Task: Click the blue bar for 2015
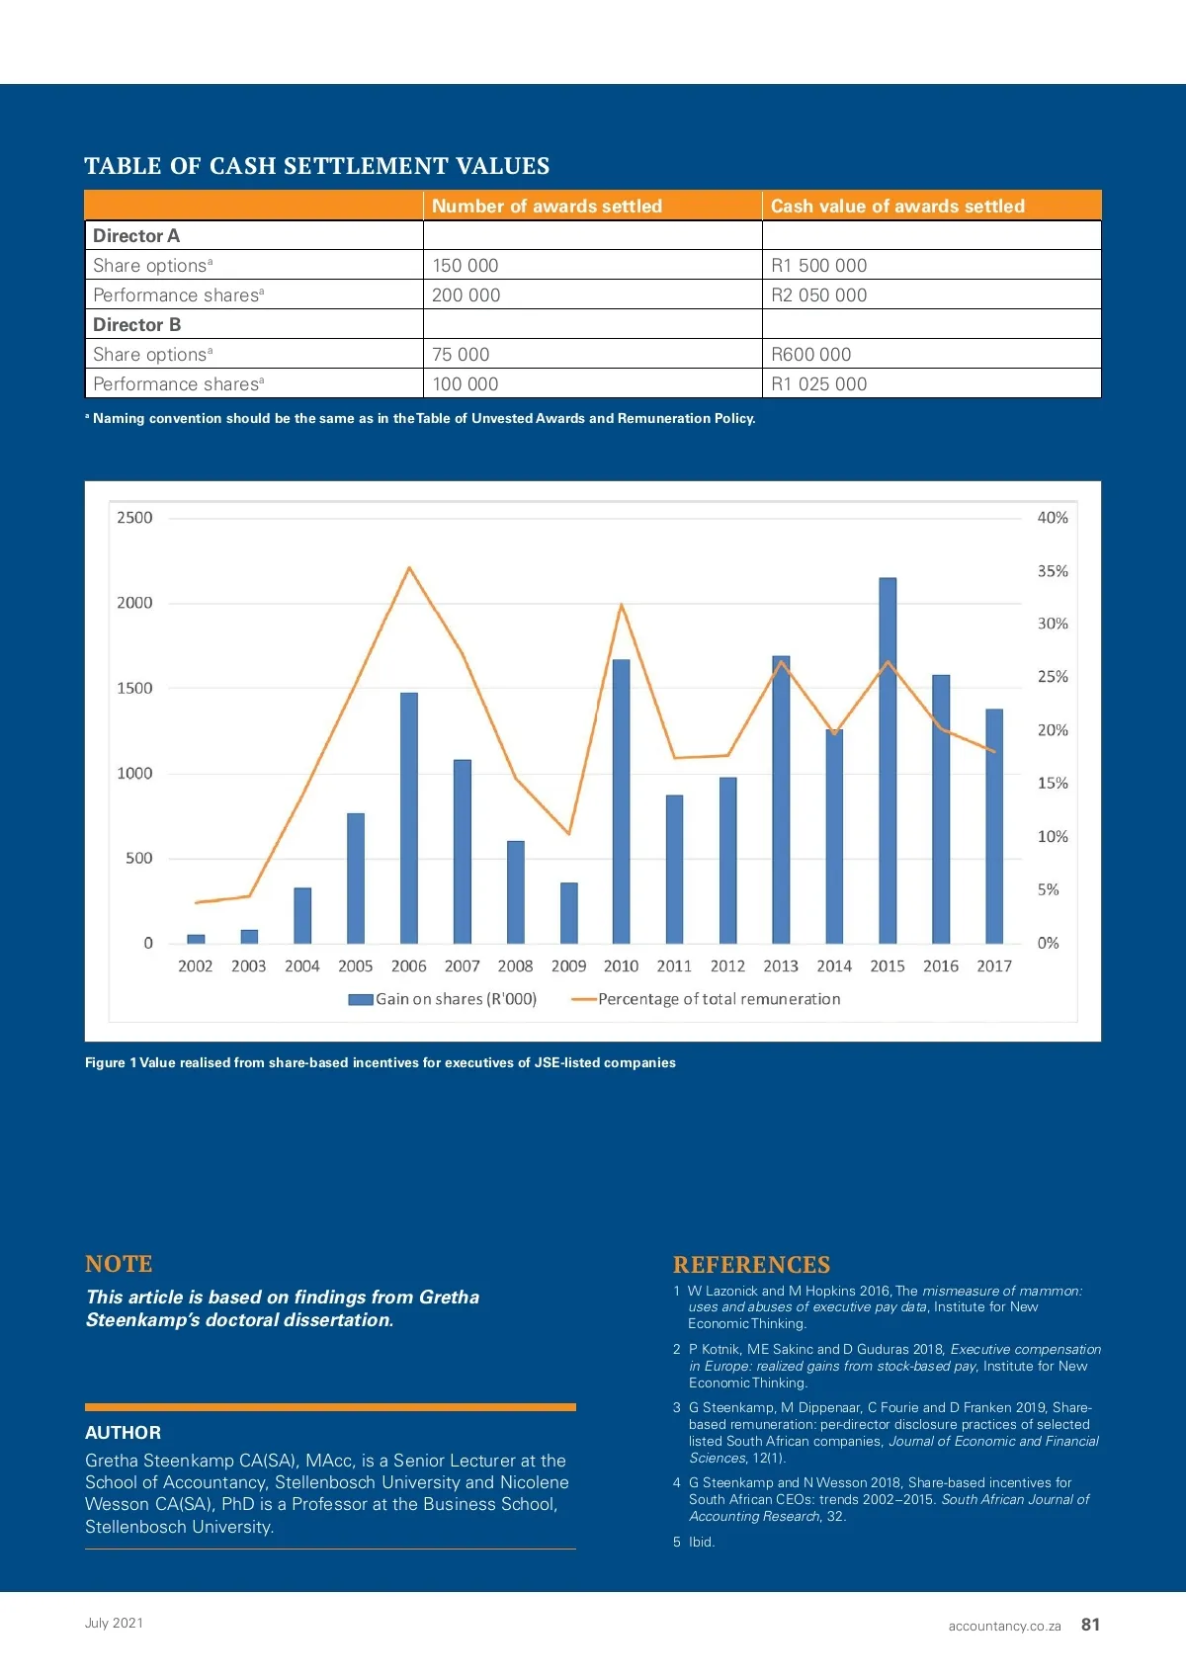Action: [888, 761]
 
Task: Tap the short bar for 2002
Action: [196, 939]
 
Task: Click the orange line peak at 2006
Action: [409, 568]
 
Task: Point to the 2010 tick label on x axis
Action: [621, 966]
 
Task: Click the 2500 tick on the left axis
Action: [135, 518]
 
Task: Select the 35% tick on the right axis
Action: [1053, 571]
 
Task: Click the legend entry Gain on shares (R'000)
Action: [444, 999]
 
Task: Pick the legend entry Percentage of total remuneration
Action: [707, 999]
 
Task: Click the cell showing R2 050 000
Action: [819, 294]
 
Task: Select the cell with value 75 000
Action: [461, 354]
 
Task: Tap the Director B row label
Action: [137, 324]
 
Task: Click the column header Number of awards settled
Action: [547, 206]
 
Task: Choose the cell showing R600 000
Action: [811, 354]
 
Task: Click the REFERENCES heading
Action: [751, 1265]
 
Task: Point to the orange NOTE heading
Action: [119, 1264]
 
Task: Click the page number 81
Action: [1090, 1625]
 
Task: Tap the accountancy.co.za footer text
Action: [1004, 1626]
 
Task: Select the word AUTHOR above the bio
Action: [123, 1433]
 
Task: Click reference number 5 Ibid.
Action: [695, 1542]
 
